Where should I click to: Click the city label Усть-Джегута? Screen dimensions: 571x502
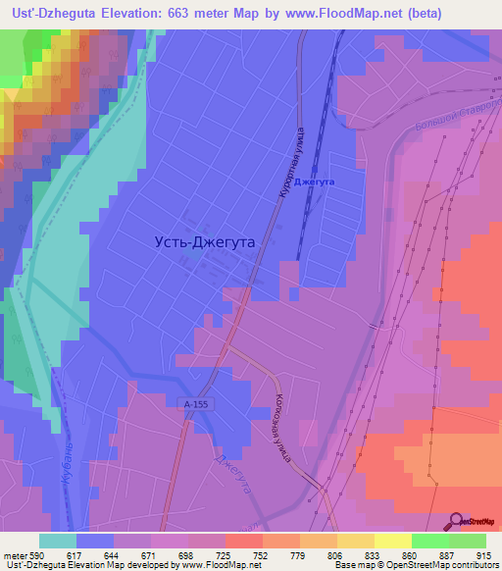[205, 240]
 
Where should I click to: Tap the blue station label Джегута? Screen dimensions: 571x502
[315, 182]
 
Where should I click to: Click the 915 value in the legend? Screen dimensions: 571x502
[484, 555]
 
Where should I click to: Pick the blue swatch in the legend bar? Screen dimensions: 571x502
[95, 541]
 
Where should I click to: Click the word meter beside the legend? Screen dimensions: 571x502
[15, 555]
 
